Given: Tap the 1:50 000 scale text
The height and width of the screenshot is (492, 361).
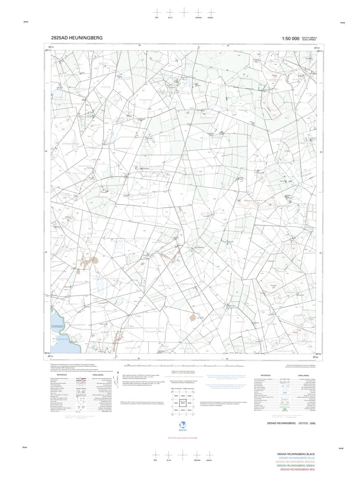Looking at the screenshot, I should tap(291, 38).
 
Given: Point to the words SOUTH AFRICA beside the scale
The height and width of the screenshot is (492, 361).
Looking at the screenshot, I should tap(309, 37).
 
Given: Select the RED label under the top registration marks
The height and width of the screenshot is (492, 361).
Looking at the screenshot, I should tap(157, 18).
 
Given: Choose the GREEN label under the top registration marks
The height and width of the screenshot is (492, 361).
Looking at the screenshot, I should tap(210, 18).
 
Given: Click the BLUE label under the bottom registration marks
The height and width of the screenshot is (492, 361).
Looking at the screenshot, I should tap(169, 460).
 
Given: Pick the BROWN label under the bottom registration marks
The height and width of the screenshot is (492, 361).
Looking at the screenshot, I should tap(197, 460).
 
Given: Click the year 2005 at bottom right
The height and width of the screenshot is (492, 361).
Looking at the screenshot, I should tap(313, 424).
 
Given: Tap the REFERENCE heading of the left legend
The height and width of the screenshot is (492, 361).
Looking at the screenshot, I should tap(62, 375).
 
